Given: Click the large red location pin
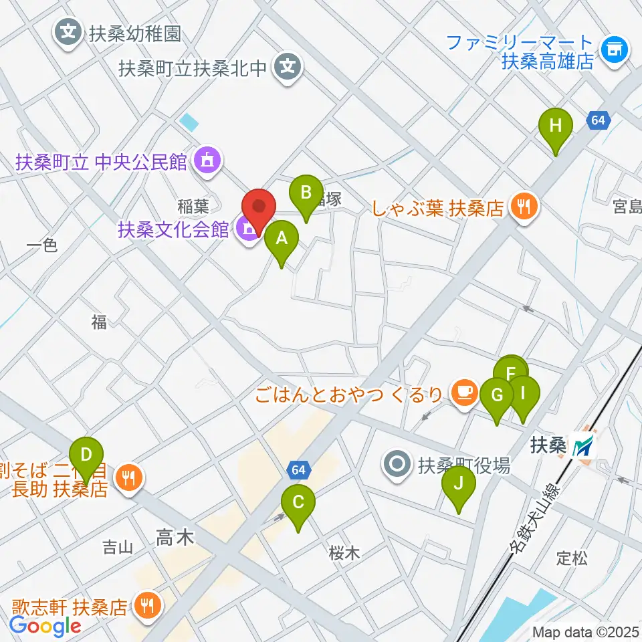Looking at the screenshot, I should (258, 209).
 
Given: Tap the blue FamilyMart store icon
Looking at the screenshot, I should (613, 51).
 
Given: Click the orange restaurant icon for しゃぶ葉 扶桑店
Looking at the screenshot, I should (522, 207).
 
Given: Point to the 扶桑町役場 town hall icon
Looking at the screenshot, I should (398, 463).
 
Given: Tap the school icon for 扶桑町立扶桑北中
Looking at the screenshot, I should (288, 68).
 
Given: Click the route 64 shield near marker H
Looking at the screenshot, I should (598, 120).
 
